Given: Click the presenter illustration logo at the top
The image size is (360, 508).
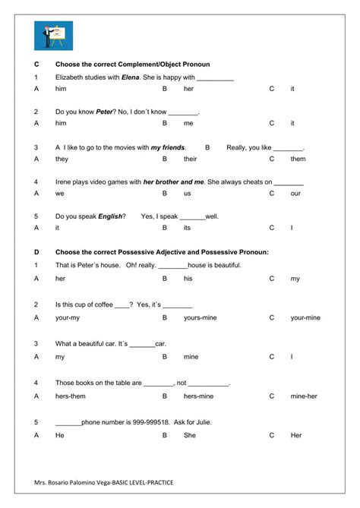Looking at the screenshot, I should click(53, 36).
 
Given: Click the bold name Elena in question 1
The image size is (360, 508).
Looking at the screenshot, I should click(130, 77).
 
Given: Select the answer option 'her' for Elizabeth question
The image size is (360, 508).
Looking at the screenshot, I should click(188, 89).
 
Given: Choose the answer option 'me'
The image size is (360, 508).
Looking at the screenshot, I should click(188, 123).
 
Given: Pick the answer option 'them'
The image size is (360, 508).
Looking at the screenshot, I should click(298, 159).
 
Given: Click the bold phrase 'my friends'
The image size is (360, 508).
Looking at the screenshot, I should click(168, 147).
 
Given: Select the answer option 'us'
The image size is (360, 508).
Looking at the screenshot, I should click(187, 194).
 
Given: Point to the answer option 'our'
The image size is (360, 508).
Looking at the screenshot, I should click(295, 194).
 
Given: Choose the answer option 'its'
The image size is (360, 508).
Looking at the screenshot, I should click(188, 228).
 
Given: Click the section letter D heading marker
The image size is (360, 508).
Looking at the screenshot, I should click(36, 251).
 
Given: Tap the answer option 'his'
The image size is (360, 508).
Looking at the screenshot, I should click(188, 279).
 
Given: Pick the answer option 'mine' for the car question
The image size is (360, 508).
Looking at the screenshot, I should click(191, 355).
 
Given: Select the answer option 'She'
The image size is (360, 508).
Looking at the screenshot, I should click(189, 435).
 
